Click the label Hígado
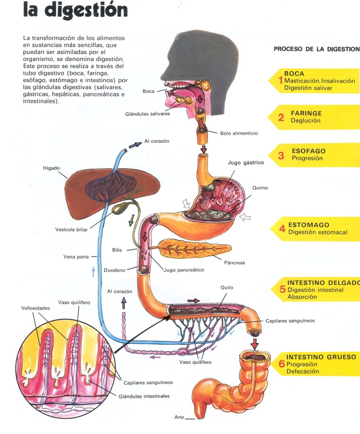coord(51,168)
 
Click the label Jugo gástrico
coord(246,163)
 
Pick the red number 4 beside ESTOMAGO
coord(282,229)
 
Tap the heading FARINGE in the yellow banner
coord(306,113)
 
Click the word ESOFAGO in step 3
coord(308,150)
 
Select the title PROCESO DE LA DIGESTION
coord(316,49)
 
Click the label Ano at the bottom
coord(179,417)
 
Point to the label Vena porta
coord(76,257)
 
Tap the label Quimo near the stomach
coord(260,188)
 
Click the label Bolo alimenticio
coord(239,133)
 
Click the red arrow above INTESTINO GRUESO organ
coord(254,343)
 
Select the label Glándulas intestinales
coord(144,396)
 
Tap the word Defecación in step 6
coord(302,371)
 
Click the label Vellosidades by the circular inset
coord(36,308)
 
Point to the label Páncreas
coord(234,262)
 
